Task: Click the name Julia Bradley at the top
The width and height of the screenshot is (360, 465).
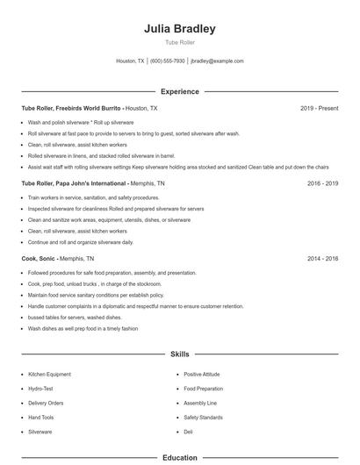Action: [180, 28]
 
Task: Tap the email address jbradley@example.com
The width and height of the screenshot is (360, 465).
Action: [217, 61]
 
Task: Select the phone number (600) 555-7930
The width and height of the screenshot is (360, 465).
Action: [168, 61]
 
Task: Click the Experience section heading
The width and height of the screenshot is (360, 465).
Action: [180, 91]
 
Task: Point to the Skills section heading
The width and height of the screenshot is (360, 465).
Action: [180, 354]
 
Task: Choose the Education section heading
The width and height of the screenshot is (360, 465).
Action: [180, 457]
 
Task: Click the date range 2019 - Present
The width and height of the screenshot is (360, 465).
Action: [319, 108]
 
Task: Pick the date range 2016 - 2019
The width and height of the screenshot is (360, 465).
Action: [322, 183]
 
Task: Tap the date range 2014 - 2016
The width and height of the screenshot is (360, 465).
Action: [322, 259]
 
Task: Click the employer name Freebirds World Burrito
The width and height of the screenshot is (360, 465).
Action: [88, 108]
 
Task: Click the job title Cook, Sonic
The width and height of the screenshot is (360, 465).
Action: [39, 259]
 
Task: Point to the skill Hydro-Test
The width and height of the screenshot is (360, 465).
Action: [41, 389]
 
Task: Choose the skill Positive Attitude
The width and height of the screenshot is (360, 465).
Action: [202, 375]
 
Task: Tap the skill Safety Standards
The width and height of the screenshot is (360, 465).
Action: [203, 418]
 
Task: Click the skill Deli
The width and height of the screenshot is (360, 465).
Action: [188, 432]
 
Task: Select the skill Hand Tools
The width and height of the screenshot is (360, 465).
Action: [41, 418]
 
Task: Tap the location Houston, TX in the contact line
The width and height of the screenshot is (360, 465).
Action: [129, 61]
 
